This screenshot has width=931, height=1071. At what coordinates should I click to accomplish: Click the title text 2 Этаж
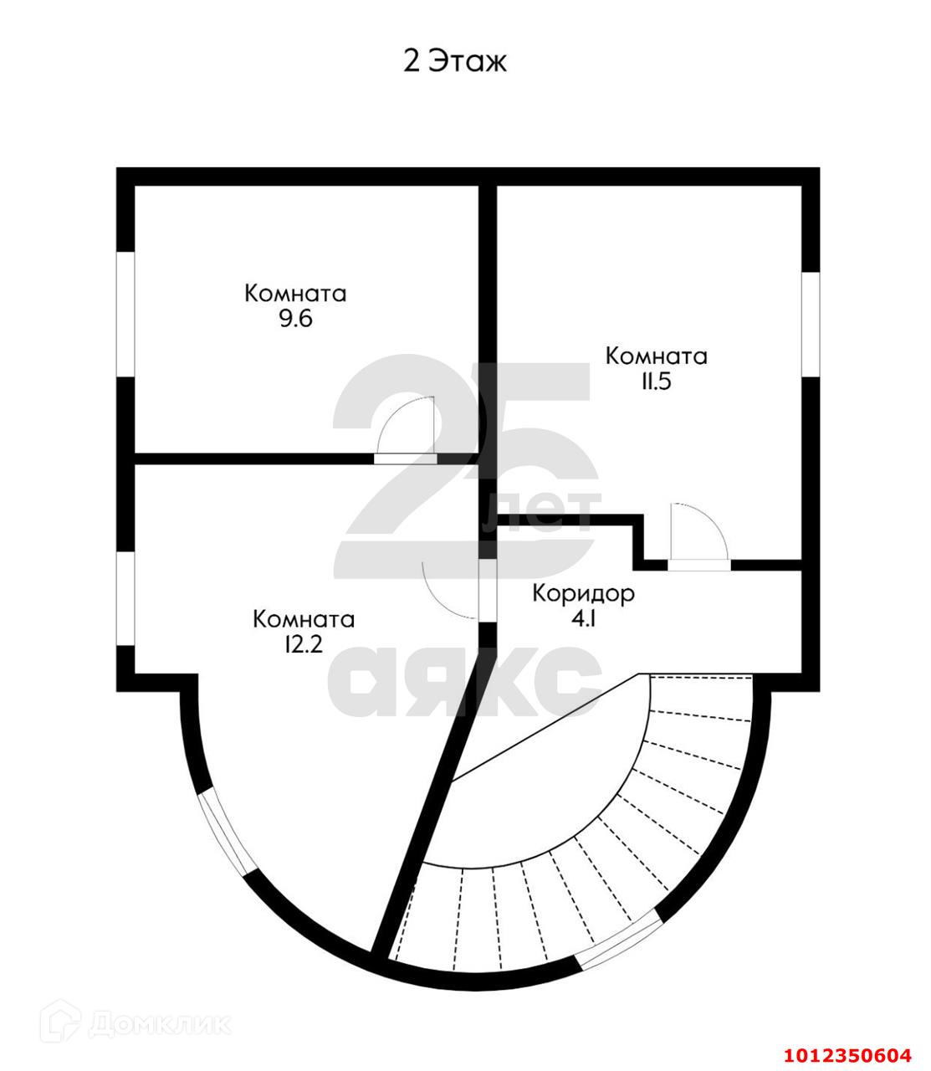455,61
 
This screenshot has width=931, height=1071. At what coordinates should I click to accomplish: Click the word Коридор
584,593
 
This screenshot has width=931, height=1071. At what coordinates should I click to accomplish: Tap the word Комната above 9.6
295,294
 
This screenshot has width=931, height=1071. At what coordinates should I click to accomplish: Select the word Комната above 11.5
656,356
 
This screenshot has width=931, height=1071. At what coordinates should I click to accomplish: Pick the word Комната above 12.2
304,619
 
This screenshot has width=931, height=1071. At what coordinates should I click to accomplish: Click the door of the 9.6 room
405,457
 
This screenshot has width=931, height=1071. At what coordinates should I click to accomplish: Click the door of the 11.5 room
699,564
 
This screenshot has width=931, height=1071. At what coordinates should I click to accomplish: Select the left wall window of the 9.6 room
125,314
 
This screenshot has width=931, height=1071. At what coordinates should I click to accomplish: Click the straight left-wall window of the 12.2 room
125,599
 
